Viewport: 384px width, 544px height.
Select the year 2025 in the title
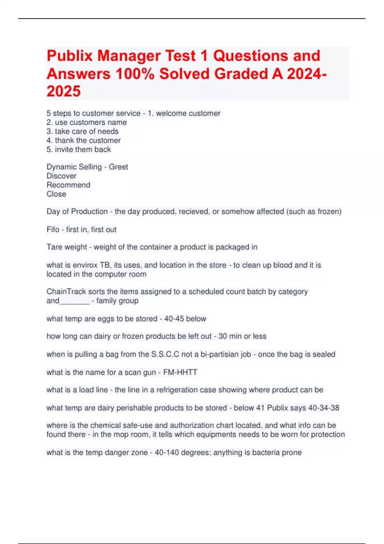(x=64, y=92)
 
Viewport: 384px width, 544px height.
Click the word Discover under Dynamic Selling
(x=61, y=176)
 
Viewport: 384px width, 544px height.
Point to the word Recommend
(x=68, y=185)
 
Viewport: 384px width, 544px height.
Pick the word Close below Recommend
(x=56, y=194)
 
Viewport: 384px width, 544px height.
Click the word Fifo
(x=53, y=229)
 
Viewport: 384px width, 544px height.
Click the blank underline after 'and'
(x=75, y=301)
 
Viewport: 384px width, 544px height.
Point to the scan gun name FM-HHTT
(x=180, y=372)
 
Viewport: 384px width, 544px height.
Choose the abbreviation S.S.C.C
(x=165, y=354)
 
